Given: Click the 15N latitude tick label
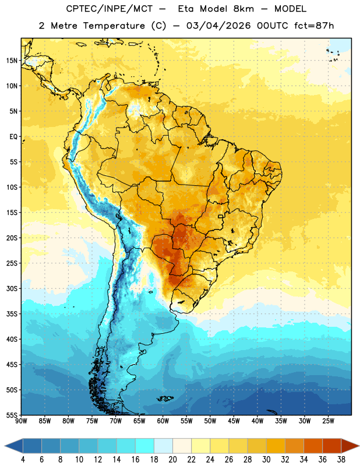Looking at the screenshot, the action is click(x=12, y=61).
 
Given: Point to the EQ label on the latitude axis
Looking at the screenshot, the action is click(x=13, y=137).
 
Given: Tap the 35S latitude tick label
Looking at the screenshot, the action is click(x=12, y=314).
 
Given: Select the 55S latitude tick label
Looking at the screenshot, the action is click(x=12, y=415).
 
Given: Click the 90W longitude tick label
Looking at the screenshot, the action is click(x=21, y=421).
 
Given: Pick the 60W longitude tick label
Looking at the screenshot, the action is click(x=163, y=421).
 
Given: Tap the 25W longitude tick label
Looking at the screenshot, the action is click(x=328, y=421).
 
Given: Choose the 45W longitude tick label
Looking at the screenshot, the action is click(x=234, y=421).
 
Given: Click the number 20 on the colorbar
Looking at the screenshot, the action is click(x=172, y=460).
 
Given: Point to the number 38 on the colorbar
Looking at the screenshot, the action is click(x=341, y=460).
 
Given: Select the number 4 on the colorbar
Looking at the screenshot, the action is click(x=23, y=460).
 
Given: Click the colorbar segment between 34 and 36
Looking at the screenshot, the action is click(x=313, y=446).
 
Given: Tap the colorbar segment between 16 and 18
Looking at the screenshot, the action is click(x=144, y=446).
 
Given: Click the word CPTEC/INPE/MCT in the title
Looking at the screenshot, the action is click(x=109, y=9).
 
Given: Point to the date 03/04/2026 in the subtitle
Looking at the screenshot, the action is click(x=218, y=26).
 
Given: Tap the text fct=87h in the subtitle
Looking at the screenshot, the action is click(x=314, y=26).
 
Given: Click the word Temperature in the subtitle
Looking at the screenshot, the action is click(x=114, y=26).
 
